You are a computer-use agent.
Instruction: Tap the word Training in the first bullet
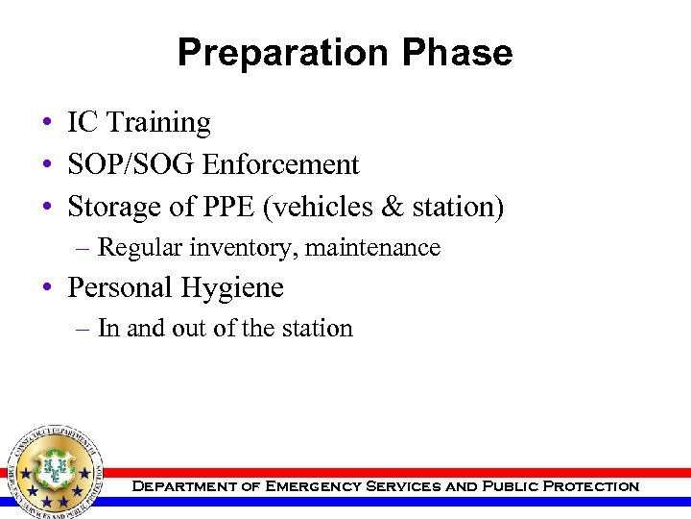tap(158, 123)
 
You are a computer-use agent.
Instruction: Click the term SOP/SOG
tap(131, 165)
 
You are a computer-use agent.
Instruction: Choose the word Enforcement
tap(280, 165)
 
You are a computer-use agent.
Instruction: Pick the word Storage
tap(118, 207)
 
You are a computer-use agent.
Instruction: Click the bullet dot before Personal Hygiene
tap(47, 288)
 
